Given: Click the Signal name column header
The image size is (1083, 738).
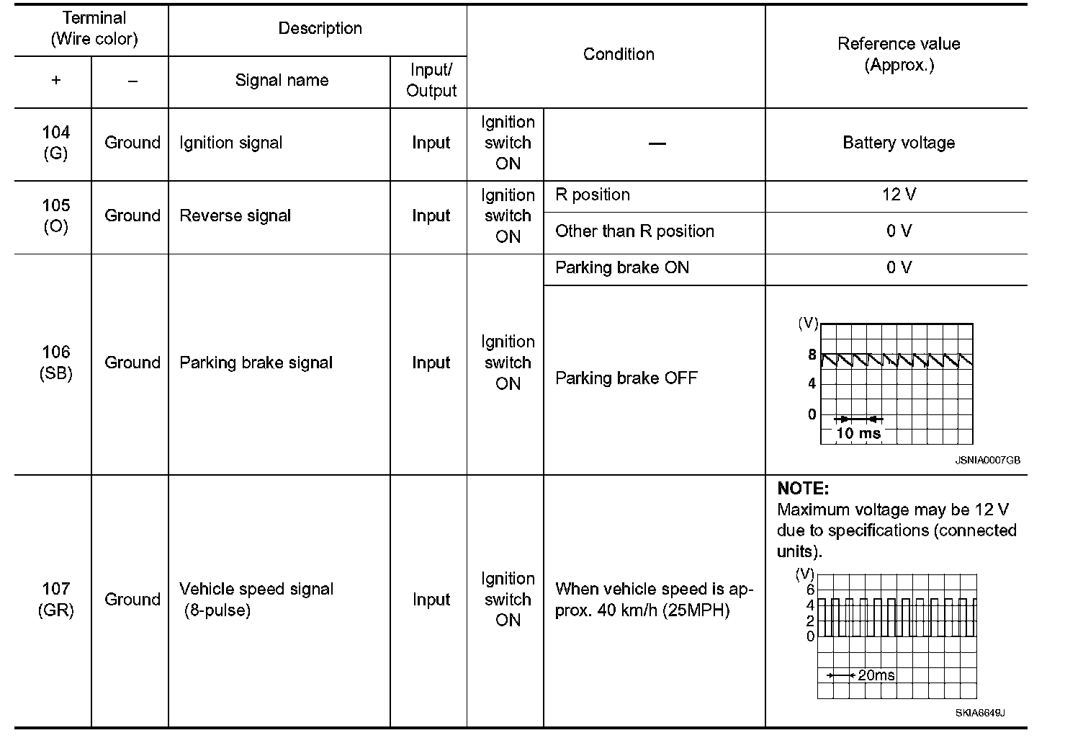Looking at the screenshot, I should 282,81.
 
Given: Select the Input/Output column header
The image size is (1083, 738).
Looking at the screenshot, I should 431,81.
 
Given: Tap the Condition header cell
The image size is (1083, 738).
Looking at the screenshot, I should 618,55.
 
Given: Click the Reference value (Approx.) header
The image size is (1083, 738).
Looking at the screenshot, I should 898,54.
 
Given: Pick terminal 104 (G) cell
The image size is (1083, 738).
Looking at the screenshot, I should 55,143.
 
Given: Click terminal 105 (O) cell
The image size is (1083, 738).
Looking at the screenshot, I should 55,215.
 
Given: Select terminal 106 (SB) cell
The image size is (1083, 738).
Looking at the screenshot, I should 55,363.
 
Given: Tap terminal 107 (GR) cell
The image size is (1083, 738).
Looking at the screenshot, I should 55,599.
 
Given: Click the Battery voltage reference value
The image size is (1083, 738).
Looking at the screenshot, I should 898,143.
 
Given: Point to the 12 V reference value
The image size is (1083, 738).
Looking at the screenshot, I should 898,195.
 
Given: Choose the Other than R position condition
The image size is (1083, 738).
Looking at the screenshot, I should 634,231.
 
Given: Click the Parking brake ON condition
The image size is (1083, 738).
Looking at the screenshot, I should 622,268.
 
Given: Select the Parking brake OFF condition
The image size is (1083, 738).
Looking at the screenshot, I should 626,378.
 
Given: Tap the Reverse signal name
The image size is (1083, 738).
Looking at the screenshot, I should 235,215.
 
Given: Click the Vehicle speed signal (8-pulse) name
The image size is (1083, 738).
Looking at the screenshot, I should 256,599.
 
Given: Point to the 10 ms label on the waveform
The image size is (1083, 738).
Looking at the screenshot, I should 858,433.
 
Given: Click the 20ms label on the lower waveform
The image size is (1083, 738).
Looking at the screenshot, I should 876,675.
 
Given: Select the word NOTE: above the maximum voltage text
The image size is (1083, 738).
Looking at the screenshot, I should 803,489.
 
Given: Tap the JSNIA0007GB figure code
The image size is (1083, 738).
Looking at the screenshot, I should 987,461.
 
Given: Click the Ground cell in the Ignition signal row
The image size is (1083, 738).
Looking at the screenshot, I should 132,143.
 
